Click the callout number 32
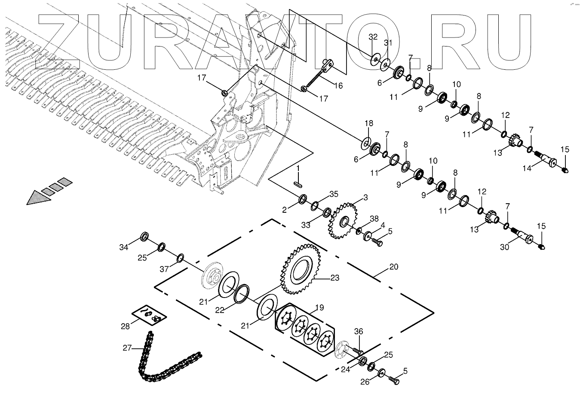pyautogui.click(x=373, y=37)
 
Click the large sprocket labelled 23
pyautogui.click(x=301, y=269)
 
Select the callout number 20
pyautogui.click(x=393, y=267)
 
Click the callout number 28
pyautogui.click(x=125, y=326)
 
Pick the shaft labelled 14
pyautogui.click(x=546, y=163)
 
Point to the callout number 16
pyautogui.click(x=338, y=86)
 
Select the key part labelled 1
pyautogui.click(x=297, y=183)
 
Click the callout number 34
pyautogui.click(x=124, y=247)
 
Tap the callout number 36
pyautogui.click(x=359, y=331)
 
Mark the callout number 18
pyautogui.click(x=369, y=124)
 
